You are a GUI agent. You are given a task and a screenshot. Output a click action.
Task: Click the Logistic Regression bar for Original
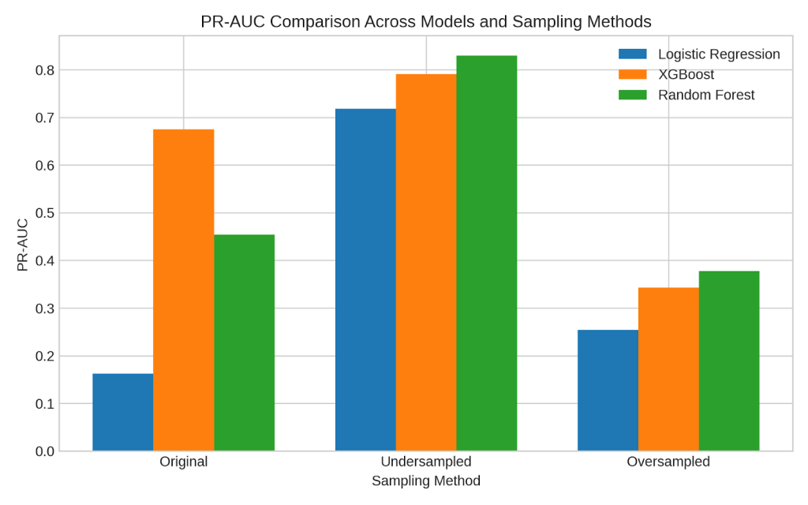coord(122,412)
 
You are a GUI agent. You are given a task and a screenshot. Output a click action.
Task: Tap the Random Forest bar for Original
coord(244,342)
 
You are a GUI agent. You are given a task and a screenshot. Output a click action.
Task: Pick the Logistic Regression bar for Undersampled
coord(365,279)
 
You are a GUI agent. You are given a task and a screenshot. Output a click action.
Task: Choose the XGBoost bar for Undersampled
coord(426,262)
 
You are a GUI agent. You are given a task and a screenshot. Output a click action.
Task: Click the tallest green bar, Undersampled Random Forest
coord(486,252)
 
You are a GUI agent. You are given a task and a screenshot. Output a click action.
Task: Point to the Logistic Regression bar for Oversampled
coord(608,390)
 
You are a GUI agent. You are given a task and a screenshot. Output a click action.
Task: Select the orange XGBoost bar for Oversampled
coord(668,368)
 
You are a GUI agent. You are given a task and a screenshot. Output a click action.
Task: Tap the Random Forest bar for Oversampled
coord(729,361)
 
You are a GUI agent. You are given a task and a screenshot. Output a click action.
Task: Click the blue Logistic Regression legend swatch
coord(632,54)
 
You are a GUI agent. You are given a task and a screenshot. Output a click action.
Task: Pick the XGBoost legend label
coord(686,75)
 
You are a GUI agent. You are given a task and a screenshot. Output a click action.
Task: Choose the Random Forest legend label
coord(706,95)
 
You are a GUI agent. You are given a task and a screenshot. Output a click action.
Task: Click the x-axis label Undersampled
coord(426,462)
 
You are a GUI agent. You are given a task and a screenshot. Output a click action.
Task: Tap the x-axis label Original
coord(183,462)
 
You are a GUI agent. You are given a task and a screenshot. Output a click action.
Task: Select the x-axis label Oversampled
coord(668,462)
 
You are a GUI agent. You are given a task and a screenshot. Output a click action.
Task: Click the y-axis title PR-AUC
coord(23,245)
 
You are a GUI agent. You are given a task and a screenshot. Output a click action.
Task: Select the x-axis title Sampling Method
coord(426,481)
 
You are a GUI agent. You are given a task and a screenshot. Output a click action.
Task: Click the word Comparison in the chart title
coord(306,21)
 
